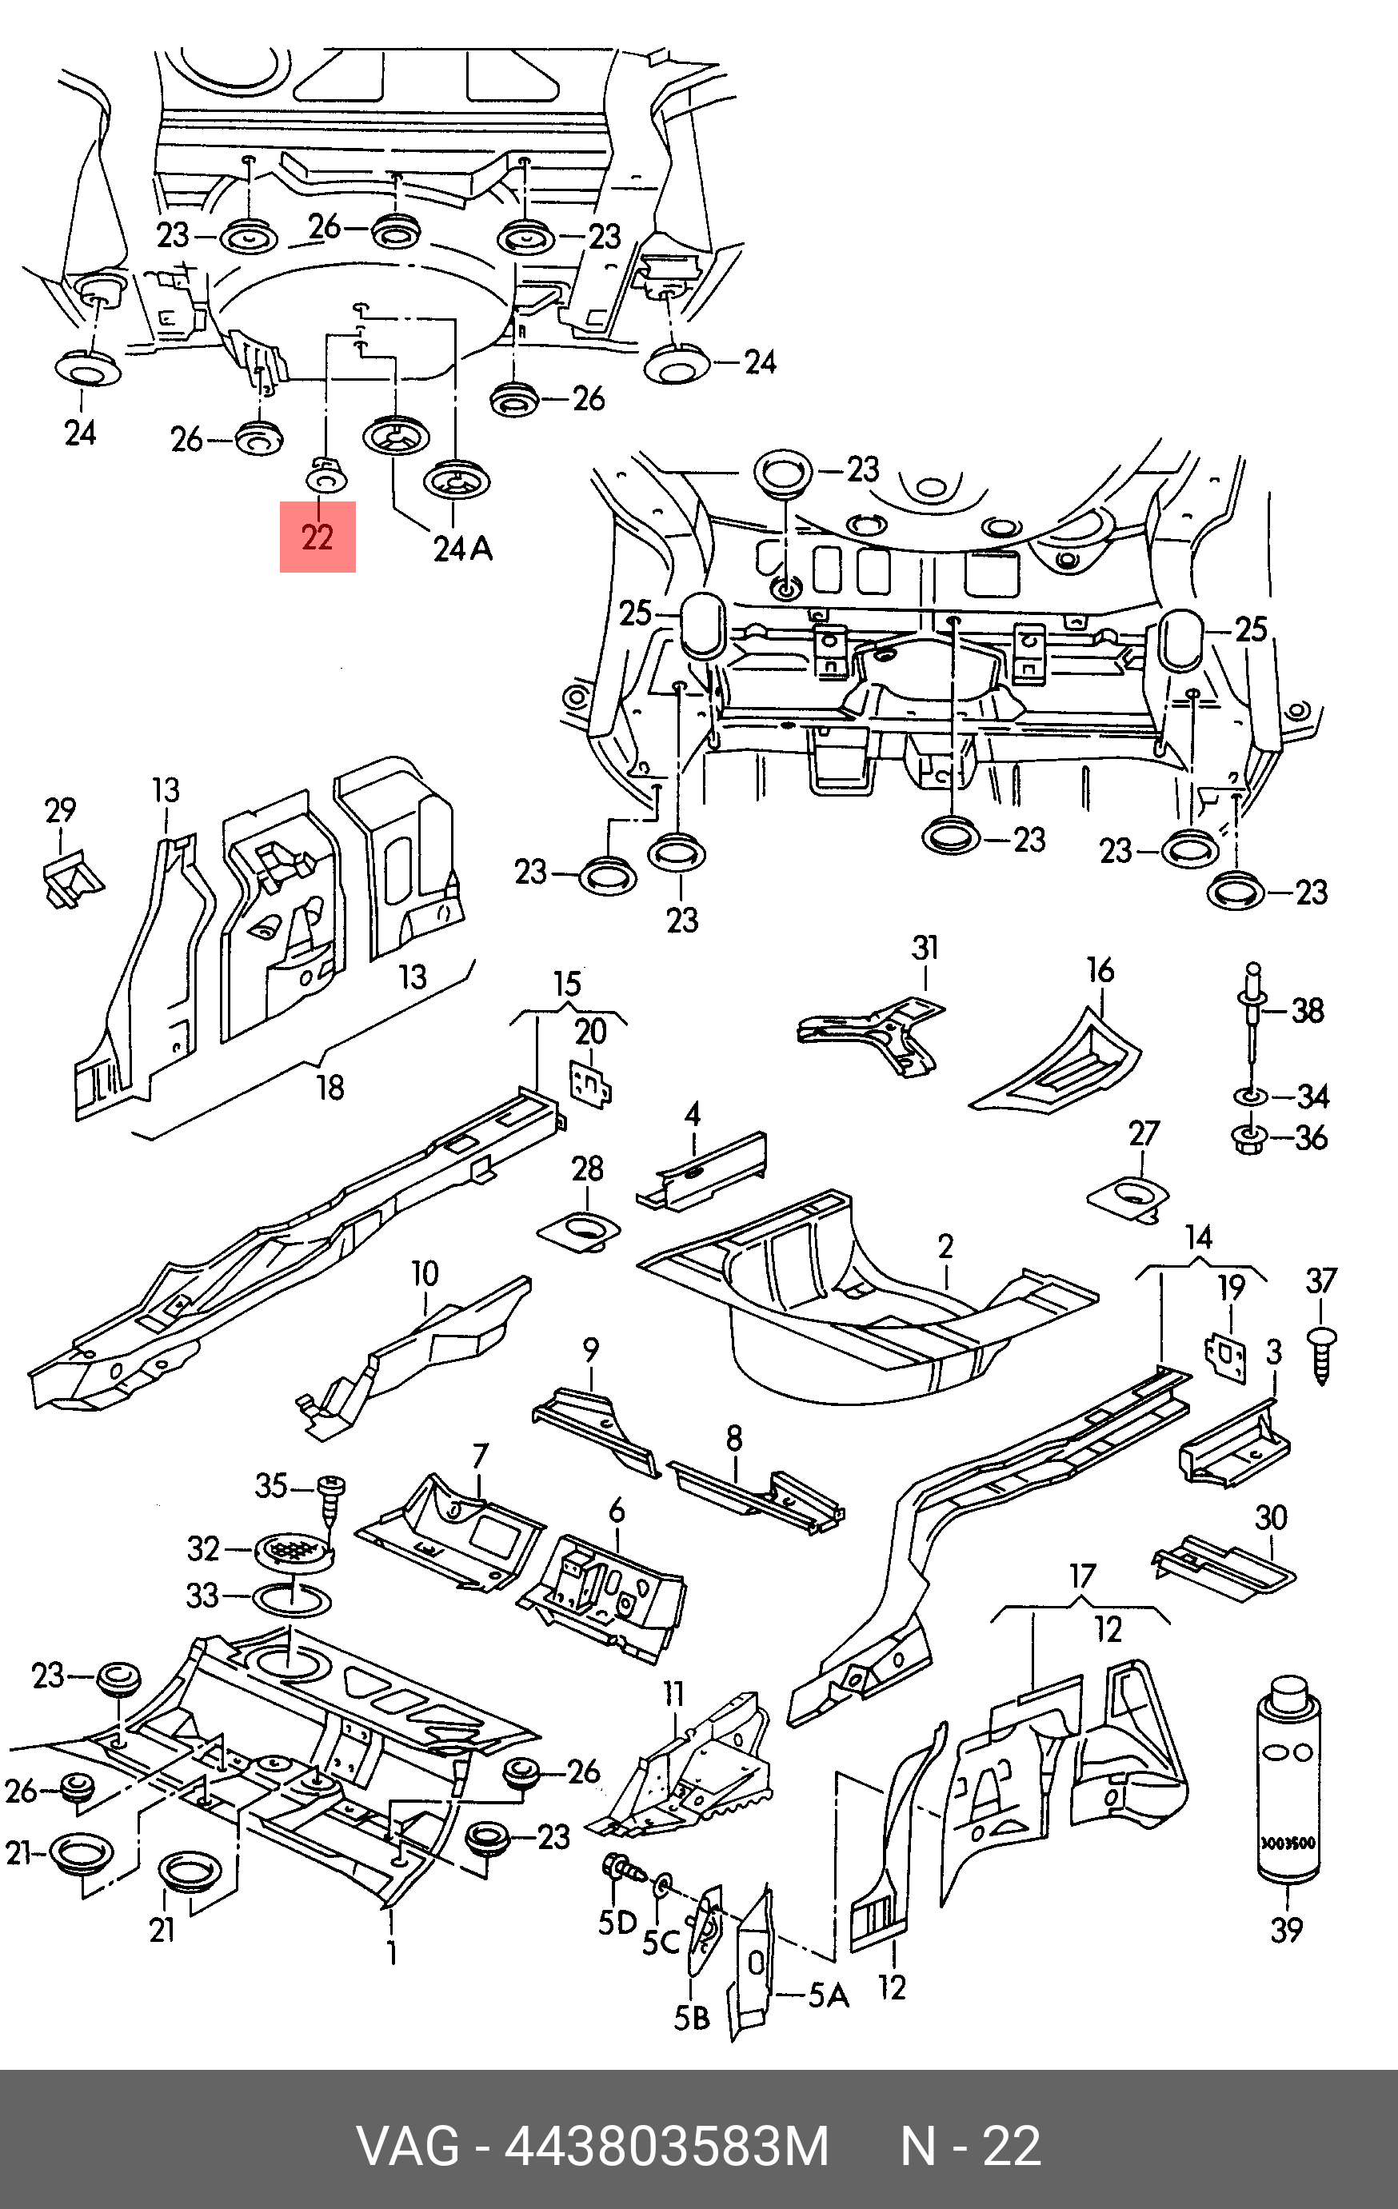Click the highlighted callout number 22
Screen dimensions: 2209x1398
click(x=318, y=537)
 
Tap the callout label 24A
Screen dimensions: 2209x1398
click(x=463, y=549)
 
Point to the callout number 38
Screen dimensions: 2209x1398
click(x=1307, y=1011)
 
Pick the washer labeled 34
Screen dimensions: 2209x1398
click(x=1249, y=1096)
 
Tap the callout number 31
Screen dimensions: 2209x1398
click(x=925, y=948)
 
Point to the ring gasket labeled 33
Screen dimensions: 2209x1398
click(x=293, y=1599)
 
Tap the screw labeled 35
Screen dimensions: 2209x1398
click(x=330, y=1492)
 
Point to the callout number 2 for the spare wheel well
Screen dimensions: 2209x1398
click(x=946, y=1247)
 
